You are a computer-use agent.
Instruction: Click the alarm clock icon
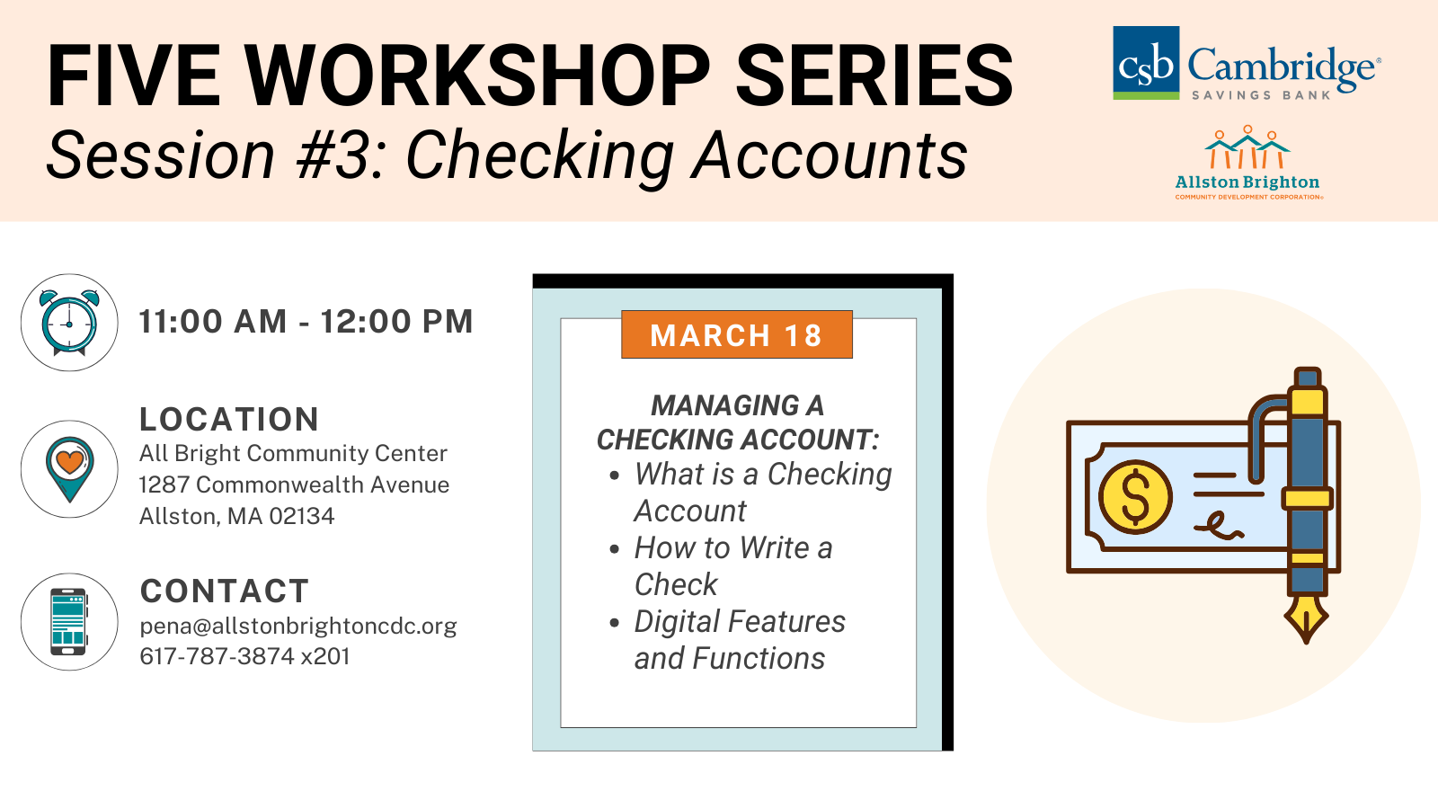[69, 323]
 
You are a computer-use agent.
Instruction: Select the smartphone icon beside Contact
[68, 621]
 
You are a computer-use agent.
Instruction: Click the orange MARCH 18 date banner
[737, 334]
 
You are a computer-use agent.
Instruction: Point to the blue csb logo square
[1146, 62]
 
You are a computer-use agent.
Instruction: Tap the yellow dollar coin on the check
[1135, 497]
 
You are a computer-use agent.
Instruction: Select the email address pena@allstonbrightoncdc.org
[298, 626]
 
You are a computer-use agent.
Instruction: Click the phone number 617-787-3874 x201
[244, 656]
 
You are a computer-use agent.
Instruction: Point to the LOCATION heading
[229, 419]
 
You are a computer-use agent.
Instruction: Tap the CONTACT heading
[225, 591]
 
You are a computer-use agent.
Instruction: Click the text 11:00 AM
[212, 321]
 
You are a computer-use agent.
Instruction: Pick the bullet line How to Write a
[733, 547]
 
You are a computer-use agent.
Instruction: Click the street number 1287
[164, 485]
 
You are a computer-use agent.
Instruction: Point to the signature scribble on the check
[1219, 526]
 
